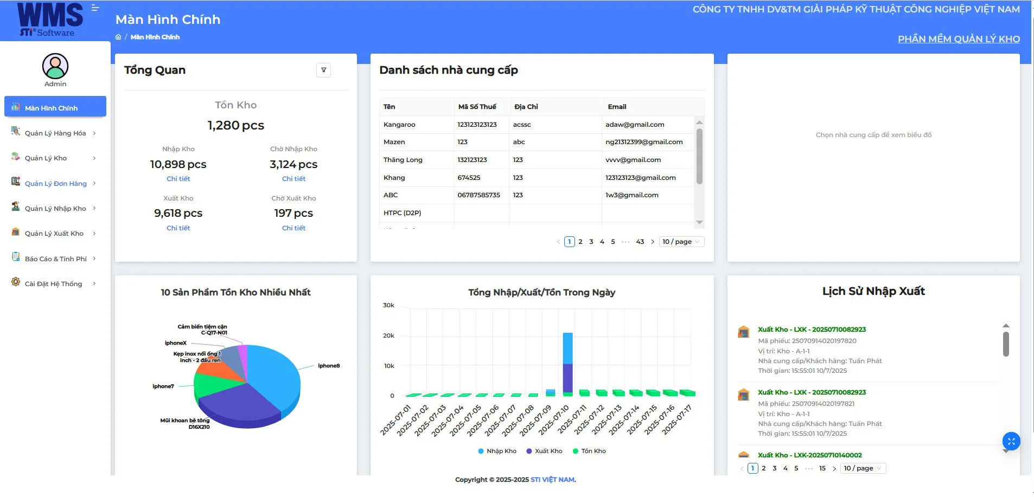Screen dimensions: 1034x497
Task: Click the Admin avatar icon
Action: [x=55, y=66]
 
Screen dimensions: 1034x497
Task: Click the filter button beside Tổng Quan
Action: [x=323, y=70]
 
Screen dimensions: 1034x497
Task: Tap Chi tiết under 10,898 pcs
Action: [x=178, y=179]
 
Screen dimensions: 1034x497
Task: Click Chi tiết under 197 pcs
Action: [x=293, y=228]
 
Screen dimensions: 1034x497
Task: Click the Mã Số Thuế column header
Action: [x=477, y=107]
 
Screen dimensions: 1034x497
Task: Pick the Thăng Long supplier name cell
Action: [x=403, y=160]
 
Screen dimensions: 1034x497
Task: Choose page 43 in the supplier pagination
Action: [x=640, y=242]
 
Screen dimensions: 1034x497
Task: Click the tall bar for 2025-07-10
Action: [x=567, y=363]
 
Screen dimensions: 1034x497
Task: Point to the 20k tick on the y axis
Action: [x=388, y=335]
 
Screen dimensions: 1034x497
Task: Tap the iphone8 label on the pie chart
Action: [x=329, y=366]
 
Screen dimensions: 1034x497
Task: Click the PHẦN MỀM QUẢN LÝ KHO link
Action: [x=959, y=39]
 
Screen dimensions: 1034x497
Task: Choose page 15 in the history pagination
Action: [x=822, y=468]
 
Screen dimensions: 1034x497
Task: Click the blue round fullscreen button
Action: [x=1011, y=441]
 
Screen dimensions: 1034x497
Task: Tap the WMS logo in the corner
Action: [x=50, y=20]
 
